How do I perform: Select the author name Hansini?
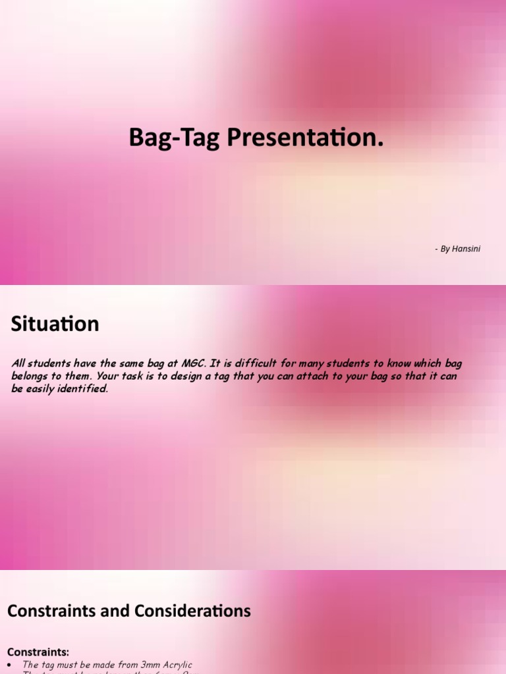click(x=466, y=249)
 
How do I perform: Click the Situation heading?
click(x=55, y=324)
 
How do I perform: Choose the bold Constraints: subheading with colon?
click(x=38, y=652)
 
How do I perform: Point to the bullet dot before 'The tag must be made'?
click(x=9, y=665)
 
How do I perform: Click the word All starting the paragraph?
click(x=19, y=363)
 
